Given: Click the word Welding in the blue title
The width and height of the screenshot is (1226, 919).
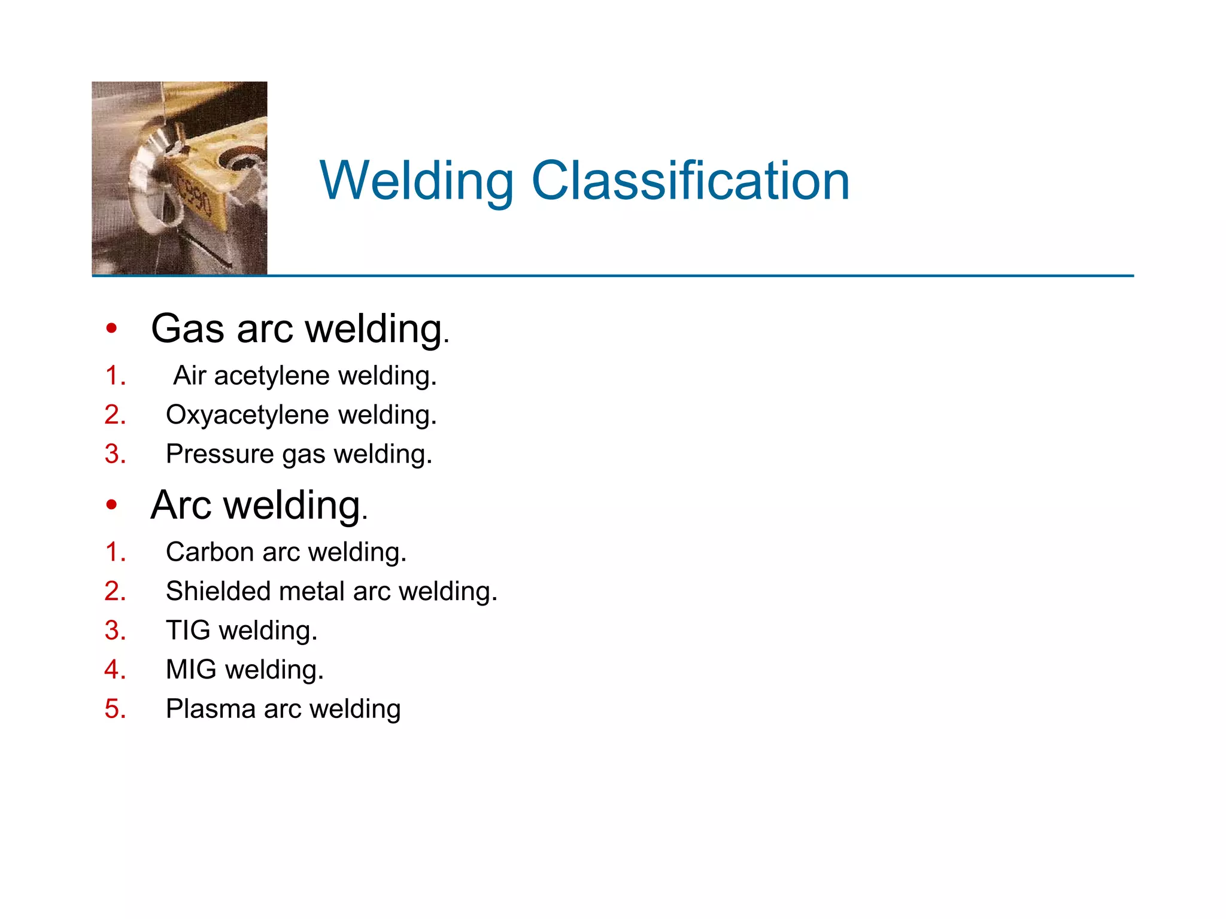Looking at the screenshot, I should [417, 182].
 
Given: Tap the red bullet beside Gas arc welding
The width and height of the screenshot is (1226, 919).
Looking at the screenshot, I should [111, 328].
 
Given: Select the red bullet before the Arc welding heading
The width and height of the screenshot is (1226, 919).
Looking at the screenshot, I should [111, 505].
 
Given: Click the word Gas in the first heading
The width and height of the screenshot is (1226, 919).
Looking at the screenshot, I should [188, 328].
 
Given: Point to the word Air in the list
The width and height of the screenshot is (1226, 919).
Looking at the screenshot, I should [189, 376].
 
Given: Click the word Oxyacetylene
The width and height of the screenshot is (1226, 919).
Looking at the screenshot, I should [247, 415].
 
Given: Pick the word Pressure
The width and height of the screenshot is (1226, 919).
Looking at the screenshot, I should [220, 454].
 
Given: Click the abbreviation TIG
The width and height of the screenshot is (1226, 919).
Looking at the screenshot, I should [188, 631].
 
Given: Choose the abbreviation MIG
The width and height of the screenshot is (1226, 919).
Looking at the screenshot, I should [191, 670].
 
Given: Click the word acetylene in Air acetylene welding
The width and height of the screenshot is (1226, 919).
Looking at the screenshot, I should [272, 376].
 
